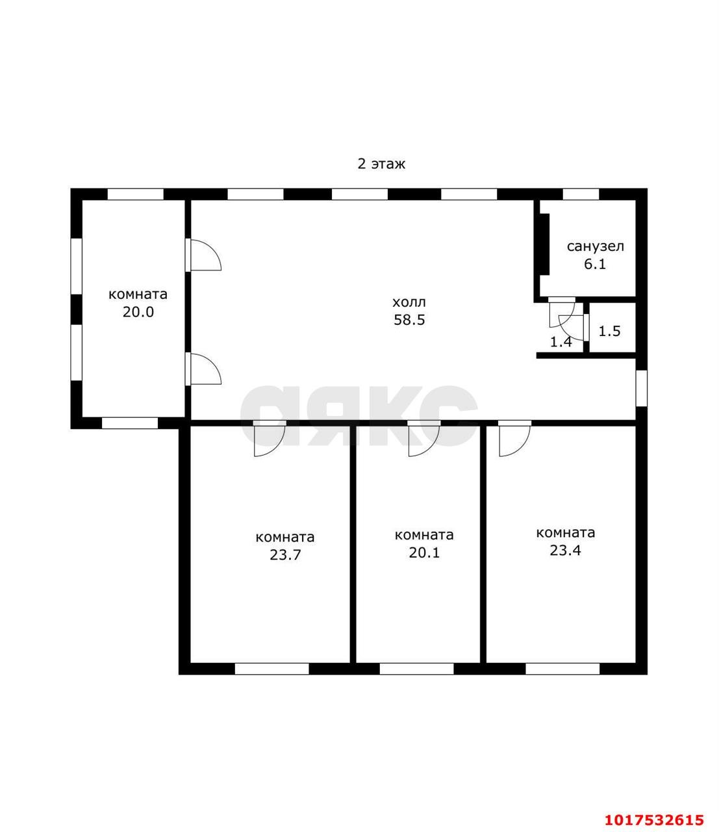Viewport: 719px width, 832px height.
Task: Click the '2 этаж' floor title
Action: click(381, 164)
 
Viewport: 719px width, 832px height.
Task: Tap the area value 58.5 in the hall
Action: click(409, 320)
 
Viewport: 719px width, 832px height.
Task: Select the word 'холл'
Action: click(409, 302)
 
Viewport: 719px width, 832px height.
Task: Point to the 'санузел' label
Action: click(595, 246)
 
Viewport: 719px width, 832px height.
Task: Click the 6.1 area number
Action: click(595, 264)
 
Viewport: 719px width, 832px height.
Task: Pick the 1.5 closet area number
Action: click(610, 331)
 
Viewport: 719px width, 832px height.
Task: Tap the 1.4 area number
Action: click(561, 342)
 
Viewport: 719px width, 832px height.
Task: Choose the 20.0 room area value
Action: click(138, 312)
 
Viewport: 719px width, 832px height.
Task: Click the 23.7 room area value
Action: click(285, 555)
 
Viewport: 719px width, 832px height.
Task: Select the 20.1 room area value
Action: click(424, 552)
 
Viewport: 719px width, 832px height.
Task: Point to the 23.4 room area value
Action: click(565, 551)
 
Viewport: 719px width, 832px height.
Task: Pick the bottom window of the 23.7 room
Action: click(272, 669)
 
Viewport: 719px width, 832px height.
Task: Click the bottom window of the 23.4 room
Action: click(562, 669)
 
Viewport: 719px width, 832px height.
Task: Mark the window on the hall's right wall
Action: click(642, 389)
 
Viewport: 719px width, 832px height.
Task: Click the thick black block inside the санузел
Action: click(544, 244)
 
